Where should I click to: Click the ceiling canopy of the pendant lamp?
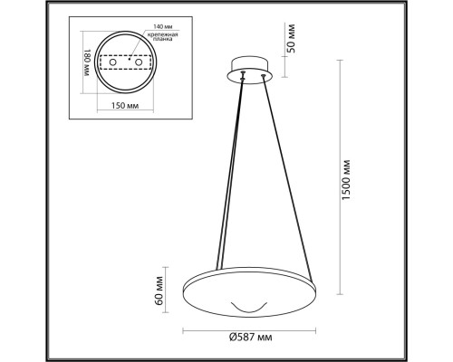coord(247,71)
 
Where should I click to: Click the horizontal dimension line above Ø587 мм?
coord(248,328)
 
